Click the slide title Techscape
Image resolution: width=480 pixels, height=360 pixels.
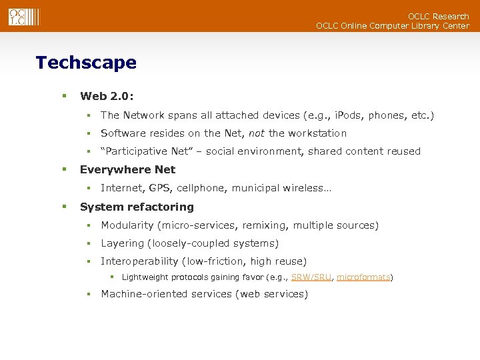86,63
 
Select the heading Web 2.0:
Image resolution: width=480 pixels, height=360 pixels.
107,97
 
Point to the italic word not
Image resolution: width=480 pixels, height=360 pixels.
256,133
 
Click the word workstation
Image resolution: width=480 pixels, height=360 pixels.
307,133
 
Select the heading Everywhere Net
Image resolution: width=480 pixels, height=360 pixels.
127,169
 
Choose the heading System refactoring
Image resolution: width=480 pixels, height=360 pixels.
137,207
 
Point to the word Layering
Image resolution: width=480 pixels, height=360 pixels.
122,243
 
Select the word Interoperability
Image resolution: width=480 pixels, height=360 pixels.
139,261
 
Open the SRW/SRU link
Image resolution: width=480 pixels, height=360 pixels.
311,277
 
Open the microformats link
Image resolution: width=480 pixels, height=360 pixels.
363,277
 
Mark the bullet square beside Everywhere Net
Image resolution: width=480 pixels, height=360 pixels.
65,169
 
